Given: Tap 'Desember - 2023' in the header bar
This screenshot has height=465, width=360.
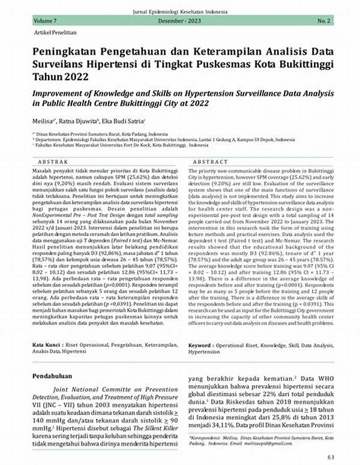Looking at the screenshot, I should (180, 21).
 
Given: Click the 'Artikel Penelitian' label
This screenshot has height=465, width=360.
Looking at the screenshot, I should (49, 32).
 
